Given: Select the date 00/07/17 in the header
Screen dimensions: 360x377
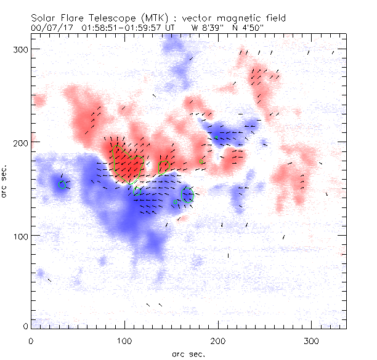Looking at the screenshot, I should click(x=51, y=28).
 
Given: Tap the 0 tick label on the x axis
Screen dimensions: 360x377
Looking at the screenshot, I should click(x=31, y=340).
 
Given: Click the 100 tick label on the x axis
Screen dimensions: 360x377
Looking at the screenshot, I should click(x=124, y=340).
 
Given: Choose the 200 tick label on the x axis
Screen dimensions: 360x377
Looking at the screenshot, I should click(x=217, y=340).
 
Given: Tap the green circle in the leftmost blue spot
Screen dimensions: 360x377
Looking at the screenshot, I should click(x=62, y=183).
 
